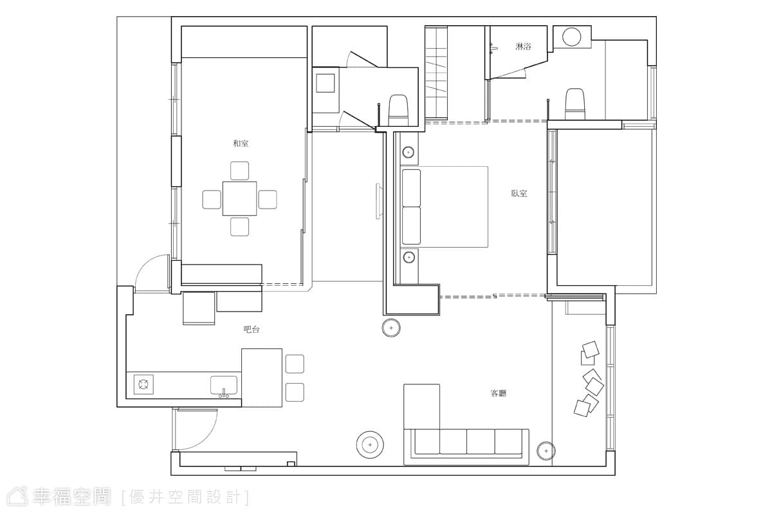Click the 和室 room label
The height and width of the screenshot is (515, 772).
tap(241, 144)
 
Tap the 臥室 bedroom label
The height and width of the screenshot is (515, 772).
tap(519, 193)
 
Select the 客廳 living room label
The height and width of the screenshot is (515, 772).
tap(498, 393)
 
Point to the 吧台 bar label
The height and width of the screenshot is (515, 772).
tap(252, 330)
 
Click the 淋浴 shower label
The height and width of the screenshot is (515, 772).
tap(523, 46)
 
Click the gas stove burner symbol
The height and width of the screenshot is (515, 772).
tap(143, 384)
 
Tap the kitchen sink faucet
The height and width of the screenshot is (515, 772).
tap(224, 393)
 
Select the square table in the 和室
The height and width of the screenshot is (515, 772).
tap(239, 198)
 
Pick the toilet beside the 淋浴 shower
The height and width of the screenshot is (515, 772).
tap(574, 104)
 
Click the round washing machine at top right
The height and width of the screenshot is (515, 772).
tap(571, 37)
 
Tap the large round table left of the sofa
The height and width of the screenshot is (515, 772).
tap(370, 445)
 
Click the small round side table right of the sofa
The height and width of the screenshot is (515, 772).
tap(546, 451)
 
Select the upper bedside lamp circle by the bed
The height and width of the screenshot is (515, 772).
tap(409, 152)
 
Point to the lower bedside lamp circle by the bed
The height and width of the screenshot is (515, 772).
tap(409, 257)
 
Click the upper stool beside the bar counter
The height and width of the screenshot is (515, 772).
tap(295, 364)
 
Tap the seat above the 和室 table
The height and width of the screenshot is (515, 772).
tap(239, 171)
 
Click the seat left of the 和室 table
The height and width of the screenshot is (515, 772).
tap(212, 200)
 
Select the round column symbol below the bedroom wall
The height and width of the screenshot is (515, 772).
tap(391, 328)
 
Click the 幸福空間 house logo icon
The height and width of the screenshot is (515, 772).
tap(17, 497)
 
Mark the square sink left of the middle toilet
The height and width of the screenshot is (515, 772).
tap(326, 83)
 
